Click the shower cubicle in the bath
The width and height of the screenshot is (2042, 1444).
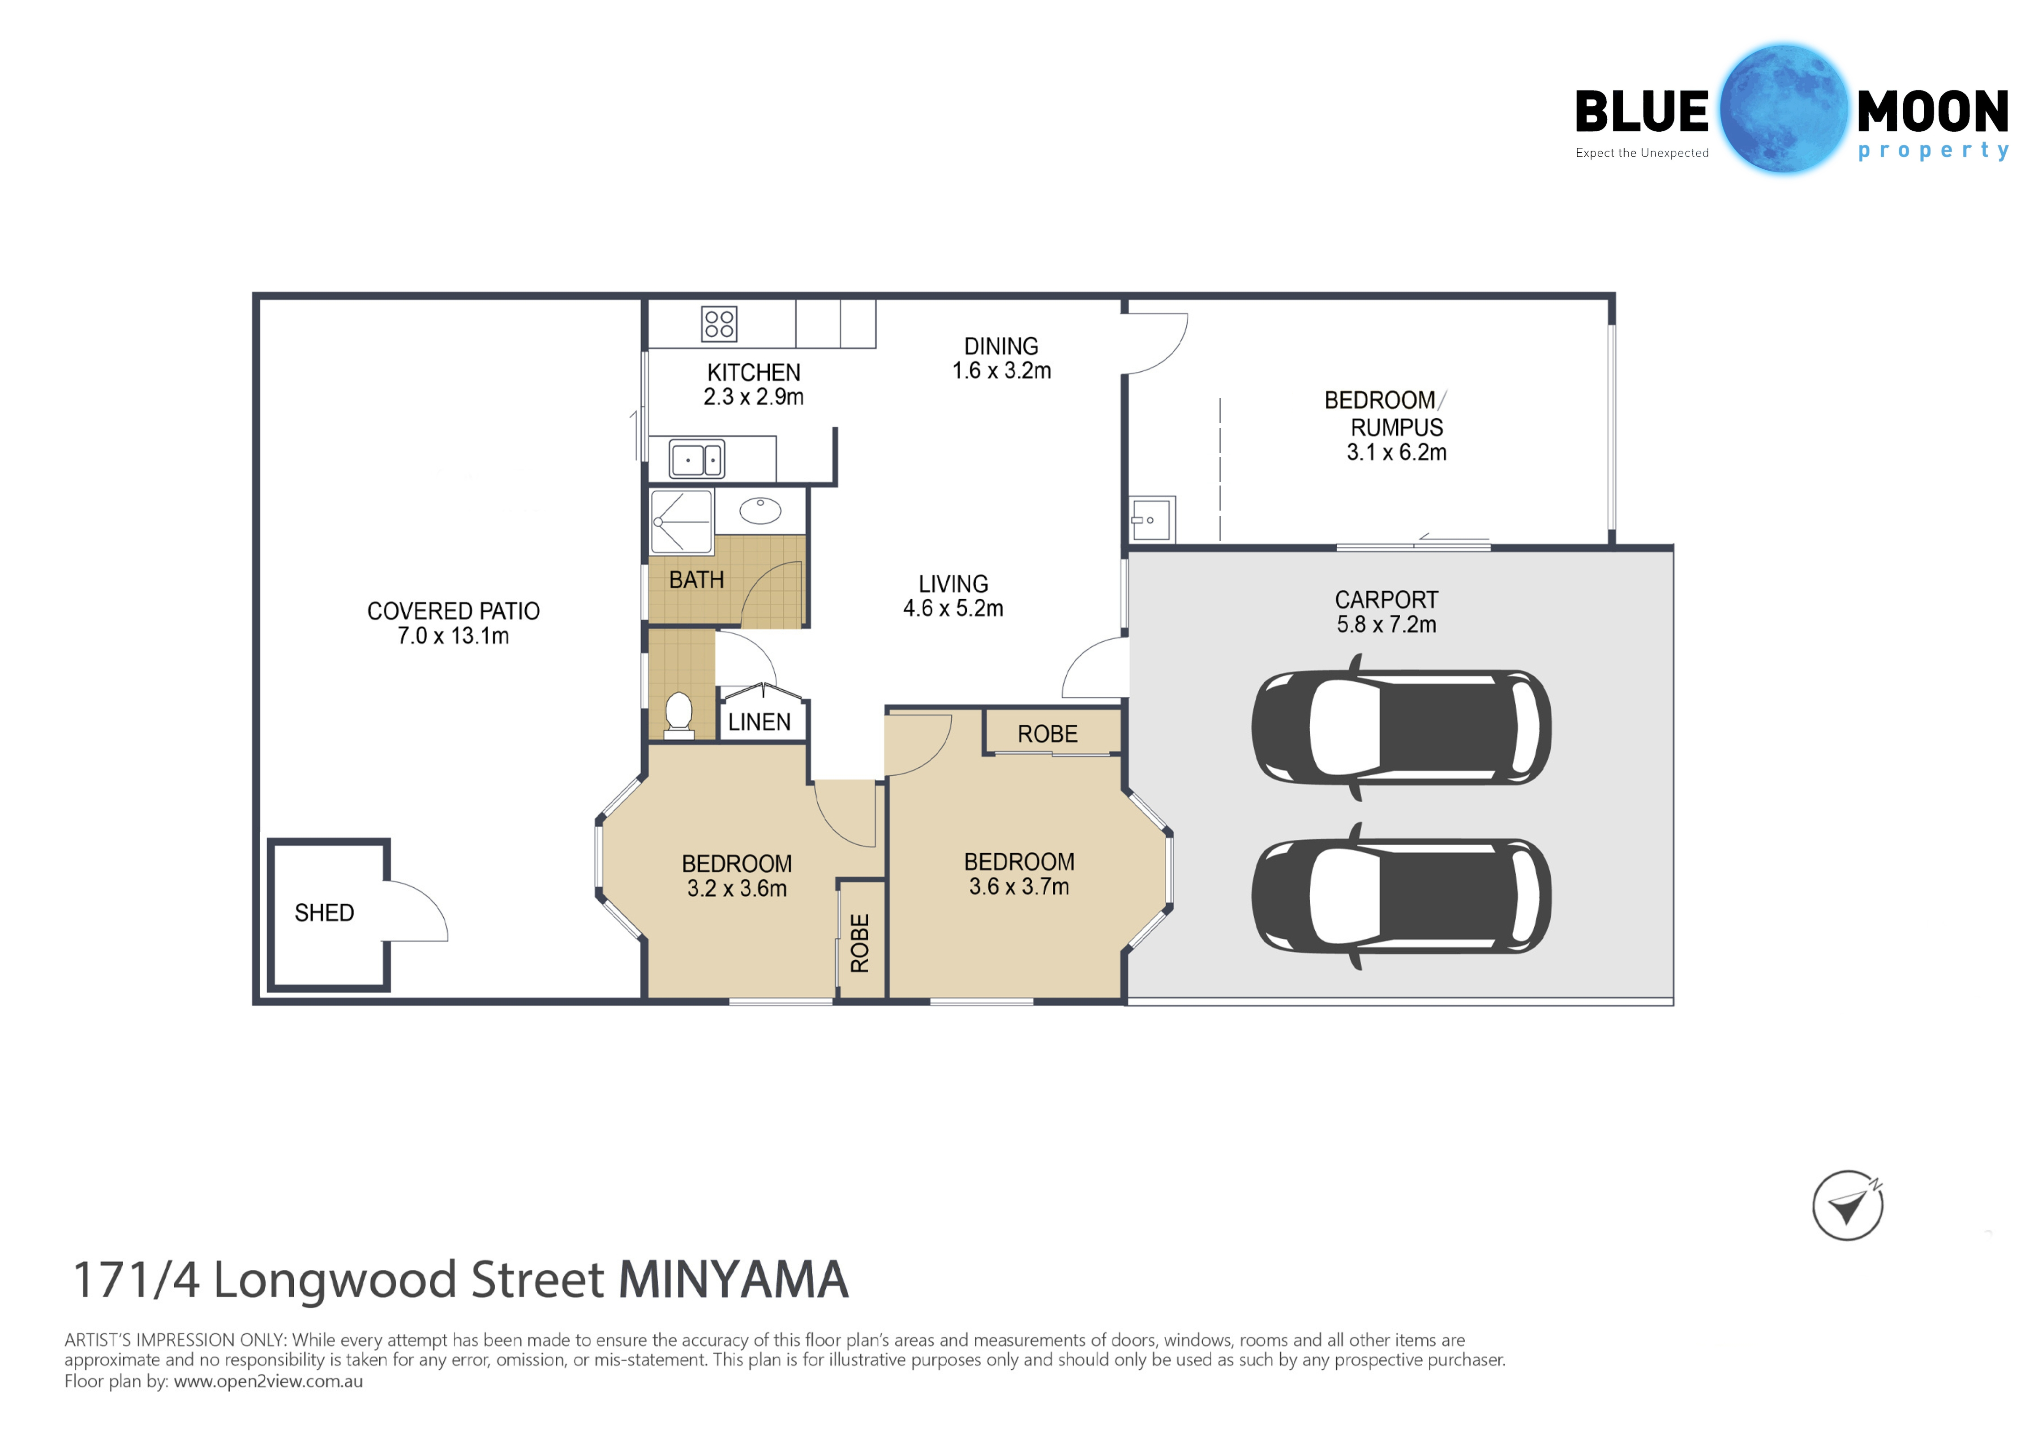coord(681,521)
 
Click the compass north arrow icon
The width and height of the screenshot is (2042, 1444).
coord(1848,1206)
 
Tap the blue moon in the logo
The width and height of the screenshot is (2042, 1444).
coord(1783,108)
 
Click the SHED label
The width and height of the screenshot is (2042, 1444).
coord(325,913)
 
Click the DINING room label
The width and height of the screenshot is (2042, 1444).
coord(1001,346)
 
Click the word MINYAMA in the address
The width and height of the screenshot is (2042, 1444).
coord(734,1280)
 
